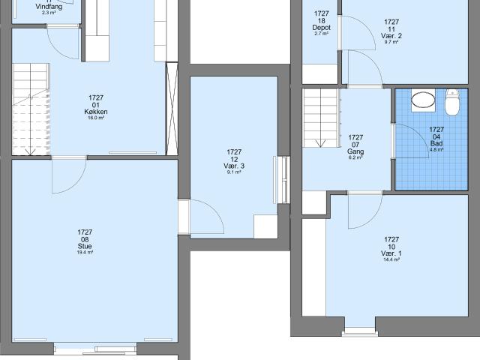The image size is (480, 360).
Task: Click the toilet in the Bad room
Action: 451,102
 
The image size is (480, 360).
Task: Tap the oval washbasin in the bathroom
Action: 423,100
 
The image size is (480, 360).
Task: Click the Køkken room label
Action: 96,112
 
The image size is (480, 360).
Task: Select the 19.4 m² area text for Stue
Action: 85,253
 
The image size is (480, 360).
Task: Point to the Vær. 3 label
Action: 234,166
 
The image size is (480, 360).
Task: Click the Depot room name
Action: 322,28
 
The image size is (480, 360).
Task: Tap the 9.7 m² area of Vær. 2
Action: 391,42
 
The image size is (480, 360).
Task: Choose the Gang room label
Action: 355,151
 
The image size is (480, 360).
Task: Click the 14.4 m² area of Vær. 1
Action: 391,260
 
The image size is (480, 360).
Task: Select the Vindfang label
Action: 49,7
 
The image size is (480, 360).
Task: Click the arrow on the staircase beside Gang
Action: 320,143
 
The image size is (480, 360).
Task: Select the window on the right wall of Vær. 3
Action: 282,180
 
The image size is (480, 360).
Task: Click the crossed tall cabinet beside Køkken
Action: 172,109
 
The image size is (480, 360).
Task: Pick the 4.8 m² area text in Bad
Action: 436,150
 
